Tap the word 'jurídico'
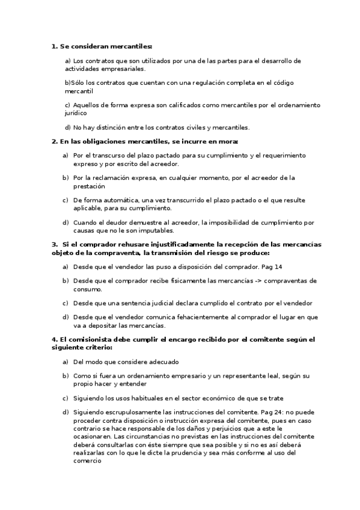tap(75, 112)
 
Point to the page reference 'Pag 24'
tap(270, 412)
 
